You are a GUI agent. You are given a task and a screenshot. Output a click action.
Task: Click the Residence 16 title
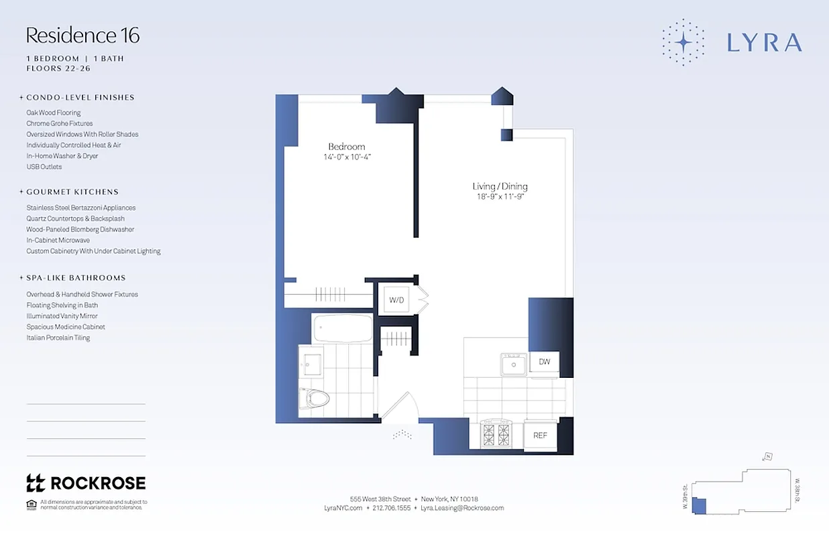[x=83, y=36]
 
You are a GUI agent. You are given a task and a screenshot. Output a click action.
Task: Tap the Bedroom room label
[x=346, y=147]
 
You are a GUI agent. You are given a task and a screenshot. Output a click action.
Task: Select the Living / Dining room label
[x=500, y=186]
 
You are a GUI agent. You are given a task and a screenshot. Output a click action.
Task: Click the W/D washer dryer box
[x=397, y=299]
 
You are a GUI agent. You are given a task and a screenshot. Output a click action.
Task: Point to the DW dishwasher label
[x=544, y=362]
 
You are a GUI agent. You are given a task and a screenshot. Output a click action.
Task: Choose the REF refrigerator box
[x=540, y=435]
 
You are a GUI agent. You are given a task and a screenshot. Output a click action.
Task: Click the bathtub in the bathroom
[x=342, y=328]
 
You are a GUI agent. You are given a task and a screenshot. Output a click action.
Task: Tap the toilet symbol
[x=315, y=399]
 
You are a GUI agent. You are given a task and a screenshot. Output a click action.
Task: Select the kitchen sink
[x=514, y=364]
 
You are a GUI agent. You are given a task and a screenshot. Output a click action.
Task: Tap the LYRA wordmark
[x=764, y=43]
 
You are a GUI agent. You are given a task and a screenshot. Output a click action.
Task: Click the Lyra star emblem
[x=683, y=43]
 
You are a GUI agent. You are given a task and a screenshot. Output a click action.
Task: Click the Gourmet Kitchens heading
[x=72, y=192]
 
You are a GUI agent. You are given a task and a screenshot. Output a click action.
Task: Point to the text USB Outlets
[x=44, y=167]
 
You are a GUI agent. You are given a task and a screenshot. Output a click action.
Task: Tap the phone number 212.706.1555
[x=391, y=508]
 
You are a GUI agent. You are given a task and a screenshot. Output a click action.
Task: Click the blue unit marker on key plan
[x=700, y=506]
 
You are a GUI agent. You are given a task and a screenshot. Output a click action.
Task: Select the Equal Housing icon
[x=31, y=504]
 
